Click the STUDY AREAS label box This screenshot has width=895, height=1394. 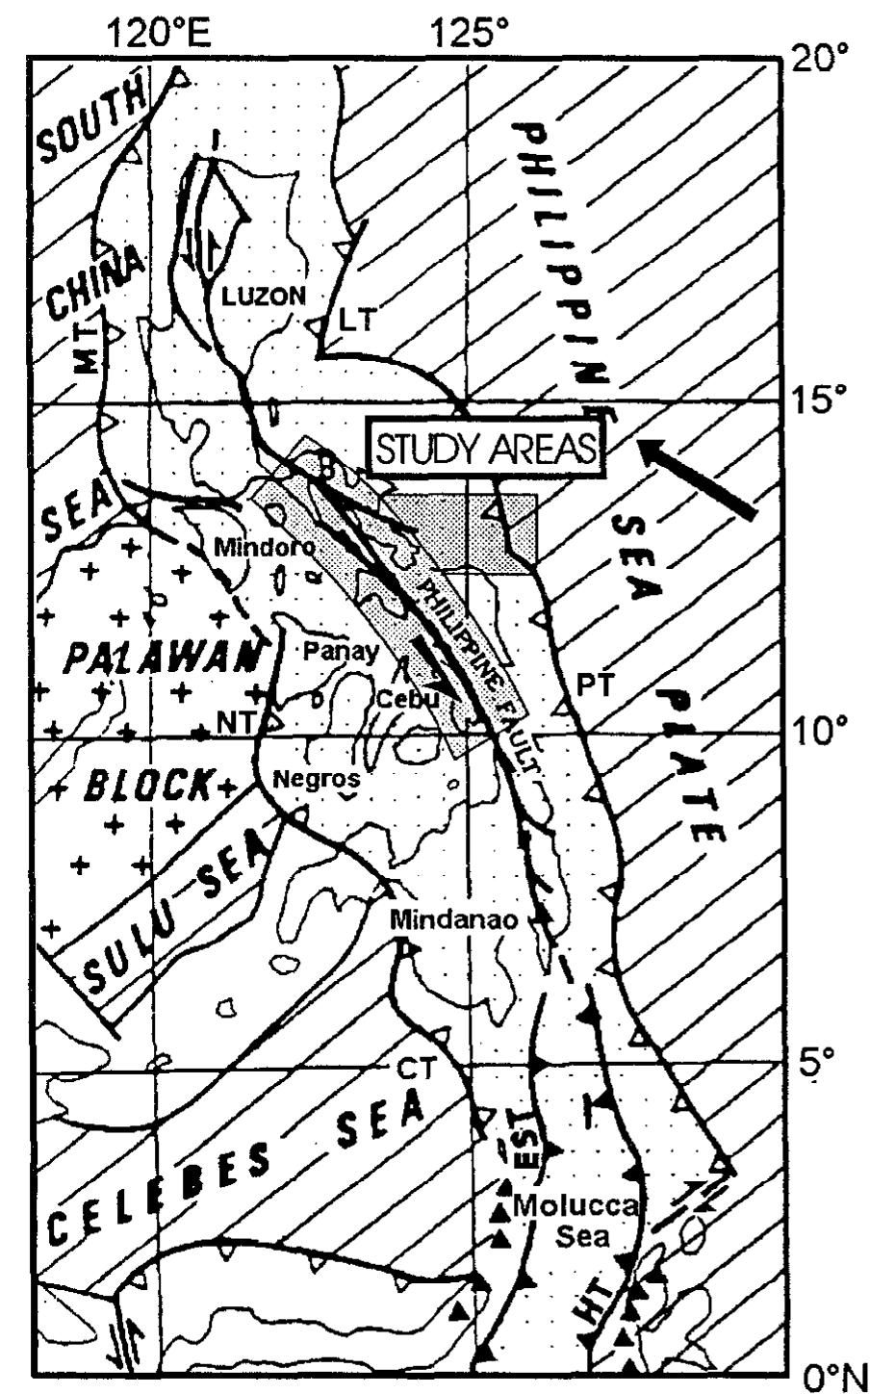point(486,449)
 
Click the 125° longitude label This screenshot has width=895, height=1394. point(470,36)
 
